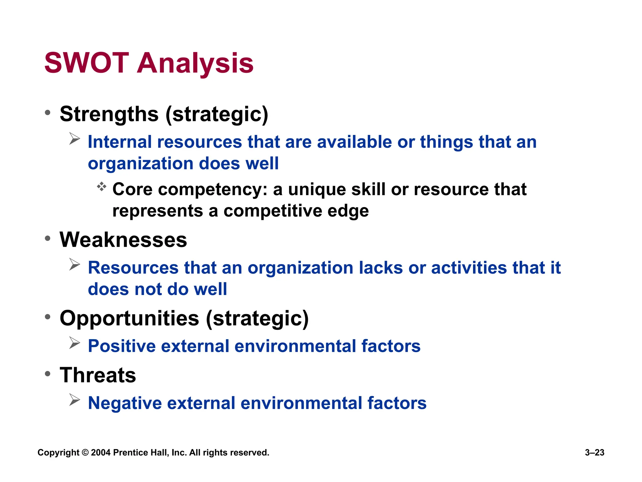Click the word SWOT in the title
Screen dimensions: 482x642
(87, 63)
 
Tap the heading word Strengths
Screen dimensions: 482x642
(109, 114)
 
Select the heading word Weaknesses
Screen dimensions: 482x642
(123, 240)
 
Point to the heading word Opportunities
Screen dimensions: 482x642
(129, 318)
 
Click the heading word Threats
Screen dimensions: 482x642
(98, 375)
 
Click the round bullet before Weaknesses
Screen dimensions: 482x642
(48, 238)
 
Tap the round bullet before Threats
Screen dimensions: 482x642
(48, 374)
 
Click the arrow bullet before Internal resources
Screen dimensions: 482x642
(75, 139)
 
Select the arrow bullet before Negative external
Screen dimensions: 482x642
(75, 400)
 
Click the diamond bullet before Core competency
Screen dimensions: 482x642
(102, 187)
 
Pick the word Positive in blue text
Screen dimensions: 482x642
(122, 346)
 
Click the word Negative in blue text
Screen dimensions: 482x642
(124, 403)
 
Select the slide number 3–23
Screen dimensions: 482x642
(594, 453)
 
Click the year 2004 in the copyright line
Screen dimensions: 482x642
(101, 453)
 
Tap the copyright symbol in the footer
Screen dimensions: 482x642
(85, 453)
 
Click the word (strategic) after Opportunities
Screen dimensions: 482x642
(257, 318)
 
